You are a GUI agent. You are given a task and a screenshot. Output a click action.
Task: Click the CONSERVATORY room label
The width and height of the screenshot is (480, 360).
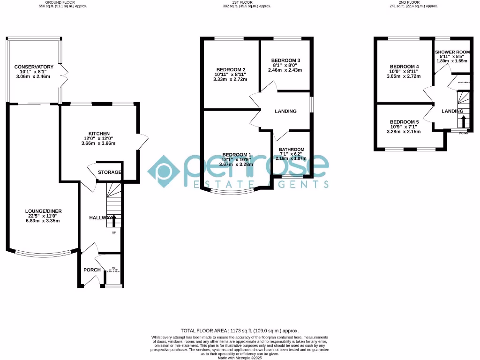(34, 67)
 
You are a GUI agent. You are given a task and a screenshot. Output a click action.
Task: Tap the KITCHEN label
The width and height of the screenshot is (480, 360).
(98, 134)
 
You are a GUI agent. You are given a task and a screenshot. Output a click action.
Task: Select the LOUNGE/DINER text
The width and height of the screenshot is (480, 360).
(43, 211)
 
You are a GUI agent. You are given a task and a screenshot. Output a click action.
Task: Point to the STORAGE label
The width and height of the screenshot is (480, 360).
(110, 172)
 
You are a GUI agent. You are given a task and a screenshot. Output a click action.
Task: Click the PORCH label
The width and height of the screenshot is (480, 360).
(92, 270)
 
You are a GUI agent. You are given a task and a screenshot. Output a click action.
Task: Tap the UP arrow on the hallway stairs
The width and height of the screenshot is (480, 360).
(113, 220)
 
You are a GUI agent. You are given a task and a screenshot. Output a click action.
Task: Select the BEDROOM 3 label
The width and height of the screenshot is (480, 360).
(285, 60)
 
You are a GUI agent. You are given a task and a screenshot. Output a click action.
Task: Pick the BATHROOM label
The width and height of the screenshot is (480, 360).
(292, 150)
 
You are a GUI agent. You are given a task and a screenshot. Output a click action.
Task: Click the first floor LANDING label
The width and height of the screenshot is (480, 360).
(285, 112)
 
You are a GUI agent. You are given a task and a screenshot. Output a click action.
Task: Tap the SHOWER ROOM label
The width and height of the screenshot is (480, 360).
(452, 52)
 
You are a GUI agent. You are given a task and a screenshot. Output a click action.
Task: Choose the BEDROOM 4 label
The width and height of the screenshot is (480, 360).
(404, 67)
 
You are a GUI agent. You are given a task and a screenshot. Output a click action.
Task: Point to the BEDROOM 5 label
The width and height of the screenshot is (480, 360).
(404, 122)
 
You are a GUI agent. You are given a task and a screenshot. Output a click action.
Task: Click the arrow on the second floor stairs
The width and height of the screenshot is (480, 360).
(464, 121)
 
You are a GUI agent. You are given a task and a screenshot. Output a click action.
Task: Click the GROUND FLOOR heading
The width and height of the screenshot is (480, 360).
(63, 2)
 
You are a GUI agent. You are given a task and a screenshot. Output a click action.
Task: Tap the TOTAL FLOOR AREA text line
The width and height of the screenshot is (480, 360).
(240, 330)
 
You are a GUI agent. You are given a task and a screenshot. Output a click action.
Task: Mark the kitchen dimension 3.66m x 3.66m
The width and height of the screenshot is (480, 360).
(98, 143)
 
